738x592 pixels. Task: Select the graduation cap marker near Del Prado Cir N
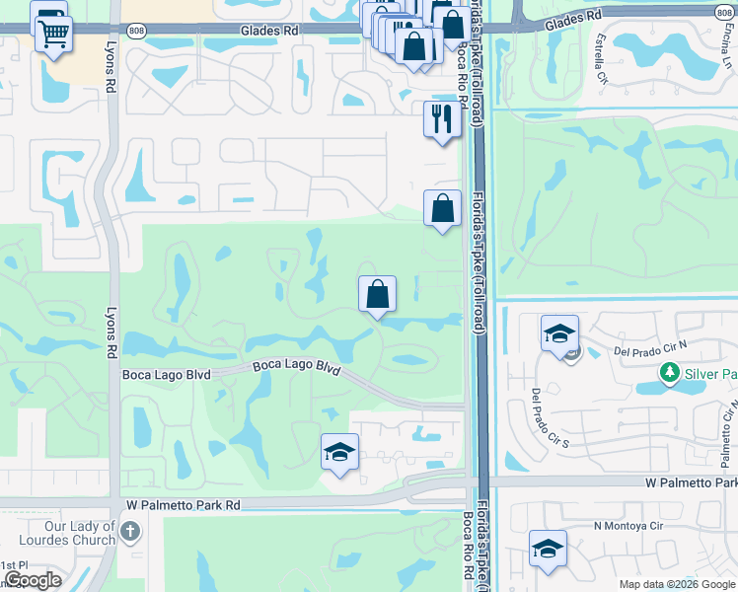pos(559,333)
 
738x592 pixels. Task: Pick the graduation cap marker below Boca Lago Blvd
pos(339,453)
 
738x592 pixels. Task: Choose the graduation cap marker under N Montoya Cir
pos(548,549)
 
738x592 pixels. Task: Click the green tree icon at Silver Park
pos(670,373)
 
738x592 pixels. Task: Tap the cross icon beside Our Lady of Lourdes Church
pos(129,534)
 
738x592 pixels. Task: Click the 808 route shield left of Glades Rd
pos(137,31)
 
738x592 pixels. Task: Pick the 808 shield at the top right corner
pos(725,13)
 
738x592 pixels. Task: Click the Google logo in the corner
pos(33,580)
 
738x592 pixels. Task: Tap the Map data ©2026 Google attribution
pos(675,584)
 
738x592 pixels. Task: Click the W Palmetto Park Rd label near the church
pos(184,504)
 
